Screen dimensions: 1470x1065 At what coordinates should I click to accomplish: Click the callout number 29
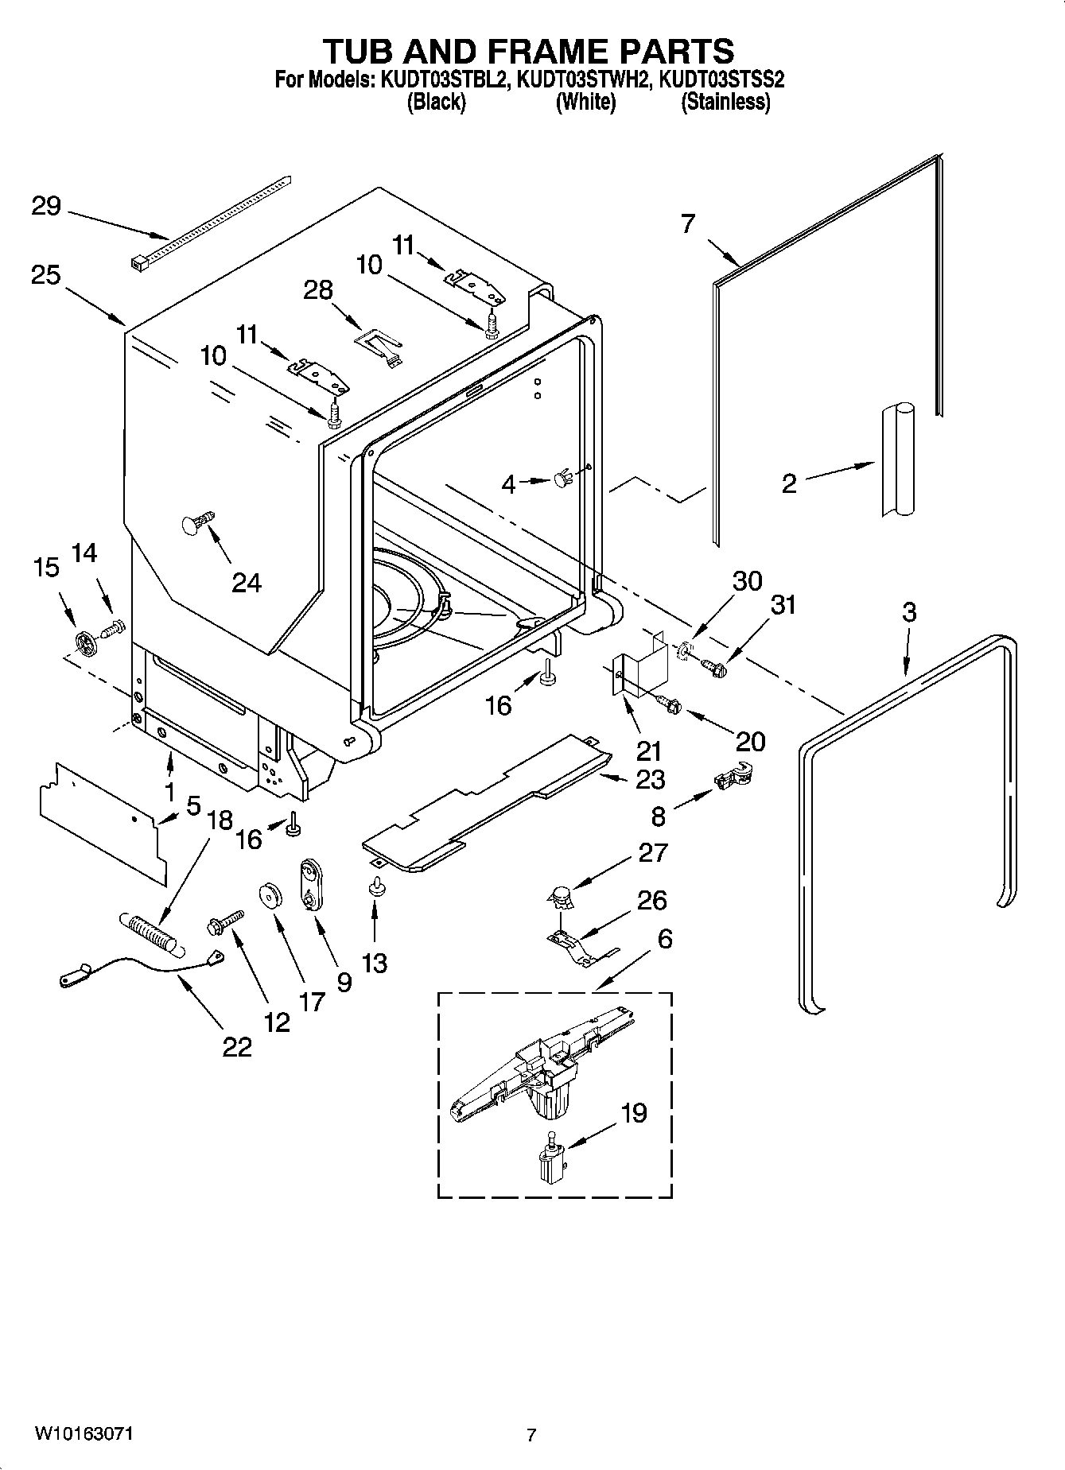(x=45, y=207)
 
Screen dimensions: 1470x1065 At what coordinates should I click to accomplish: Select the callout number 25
(x=45, y=276)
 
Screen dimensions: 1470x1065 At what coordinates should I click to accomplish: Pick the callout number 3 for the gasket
(x=909, y=612)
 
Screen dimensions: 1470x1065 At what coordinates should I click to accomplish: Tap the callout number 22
(x=237, y=1047)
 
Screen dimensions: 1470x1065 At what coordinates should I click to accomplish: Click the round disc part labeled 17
(x=272, y=896)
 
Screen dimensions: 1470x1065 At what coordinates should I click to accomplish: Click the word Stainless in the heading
(x=725, y=103)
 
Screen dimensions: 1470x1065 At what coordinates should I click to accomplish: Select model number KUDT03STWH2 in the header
(x=585, y=80)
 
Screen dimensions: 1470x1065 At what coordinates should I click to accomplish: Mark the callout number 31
(x=783, y=605)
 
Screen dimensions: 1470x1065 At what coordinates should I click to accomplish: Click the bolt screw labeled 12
(x=226, y=923)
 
